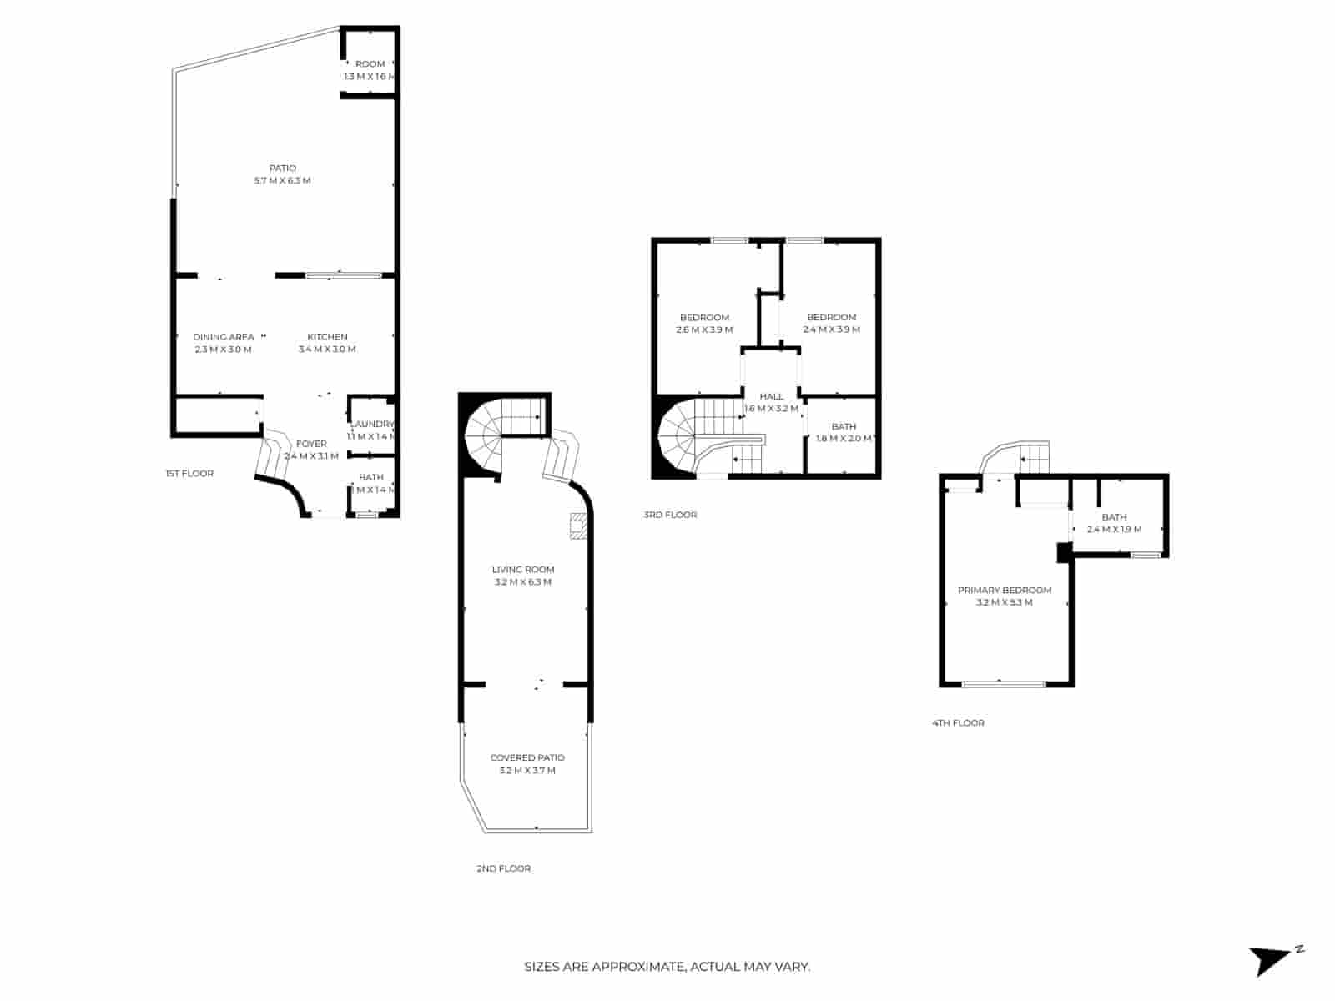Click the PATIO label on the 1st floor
pos(282,169)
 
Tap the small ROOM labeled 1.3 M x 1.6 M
pos(370,70)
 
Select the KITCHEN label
pos(327,337)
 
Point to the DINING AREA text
pos(223,337)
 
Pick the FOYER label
pos(311,444)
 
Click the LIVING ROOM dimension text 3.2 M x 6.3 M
pos(522,582)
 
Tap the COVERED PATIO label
pos(527,757)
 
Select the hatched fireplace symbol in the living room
pos(577,527)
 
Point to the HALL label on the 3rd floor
pos(771,396)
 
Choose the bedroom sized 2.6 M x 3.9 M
pos(704,323)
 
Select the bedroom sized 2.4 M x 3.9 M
pos(831,323)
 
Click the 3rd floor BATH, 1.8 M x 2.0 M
pos(844,432)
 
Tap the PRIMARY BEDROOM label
pos(1004,590)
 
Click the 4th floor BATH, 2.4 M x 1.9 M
pos(1114,523)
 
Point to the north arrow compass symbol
pos(1272,959)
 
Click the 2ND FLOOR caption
pos(503,868)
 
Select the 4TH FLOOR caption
pos(958,723)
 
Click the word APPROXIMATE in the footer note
pos(639,968)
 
